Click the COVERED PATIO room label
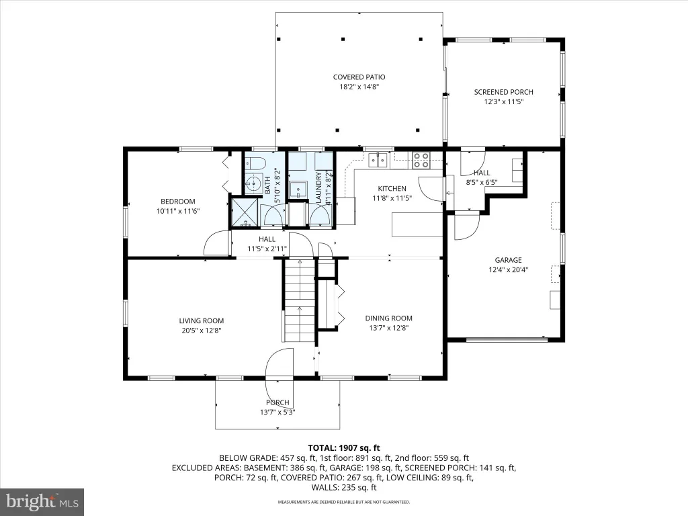[359, 77]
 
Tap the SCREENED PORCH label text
[503, 92]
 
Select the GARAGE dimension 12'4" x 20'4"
[508, 270]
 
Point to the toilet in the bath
[255, 164]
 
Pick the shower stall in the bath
[245, 213]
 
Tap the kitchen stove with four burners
[421, 160]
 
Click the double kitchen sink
[379, 160]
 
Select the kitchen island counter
[417, 224]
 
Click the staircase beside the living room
[300, 300]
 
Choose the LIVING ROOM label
[202, 320]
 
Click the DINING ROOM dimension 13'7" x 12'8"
[389, 328]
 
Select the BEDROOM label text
[177, 202]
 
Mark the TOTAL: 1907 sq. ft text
[344, 448]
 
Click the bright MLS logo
[42, 501]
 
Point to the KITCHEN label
[392, 189]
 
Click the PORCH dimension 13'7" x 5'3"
[277, 412]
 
